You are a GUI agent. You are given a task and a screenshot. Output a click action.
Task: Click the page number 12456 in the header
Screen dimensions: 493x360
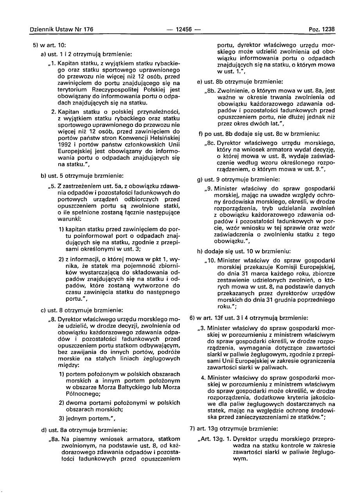click(x=183, y=29)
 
